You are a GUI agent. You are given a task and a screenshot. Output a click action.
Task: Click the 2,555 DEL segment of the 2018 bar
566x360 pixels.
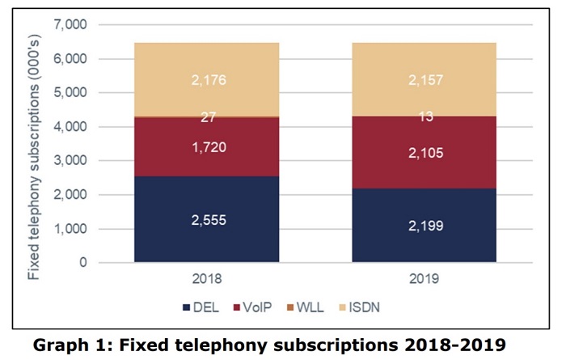click(206, 219)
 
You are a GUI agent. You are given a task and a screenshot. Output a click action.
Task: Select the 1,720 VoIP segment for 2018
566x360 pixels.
click(206, 147)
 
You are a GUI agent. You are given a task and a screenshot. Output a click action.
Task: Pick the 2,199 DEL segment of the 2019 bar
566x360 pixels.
click(424, 226)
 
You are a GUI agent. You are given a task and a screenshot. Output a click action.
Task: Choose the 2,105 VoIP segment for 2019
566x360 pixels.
click(424, 154)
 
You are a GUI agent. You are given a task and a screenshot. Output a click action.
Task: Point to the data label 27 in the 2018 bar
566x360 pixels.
click(206, 117)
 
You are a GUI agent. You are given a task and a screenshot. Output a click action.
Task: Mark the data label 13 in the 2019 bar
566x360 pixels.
click(424, 116)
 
